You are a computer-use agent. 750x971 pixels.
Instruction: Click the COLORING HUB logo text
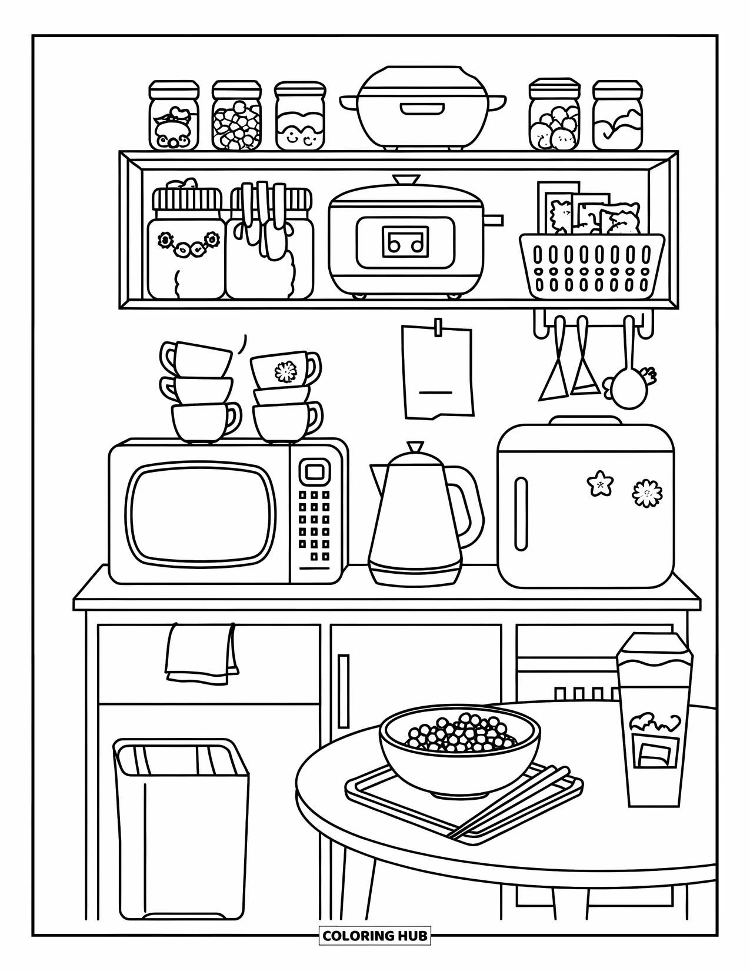375,935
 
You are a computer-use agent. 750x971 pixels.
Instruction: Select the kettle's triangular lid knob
415,447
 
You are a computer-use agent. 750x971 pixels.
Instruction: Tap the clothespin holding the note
438,328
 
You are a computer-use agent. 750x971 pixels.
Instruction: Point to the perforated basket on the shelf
592,266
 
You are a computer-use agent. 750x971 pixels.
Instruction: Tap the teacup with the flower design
285,369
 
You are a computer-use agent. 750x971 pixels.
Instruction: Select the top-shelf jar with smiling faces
299,118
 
